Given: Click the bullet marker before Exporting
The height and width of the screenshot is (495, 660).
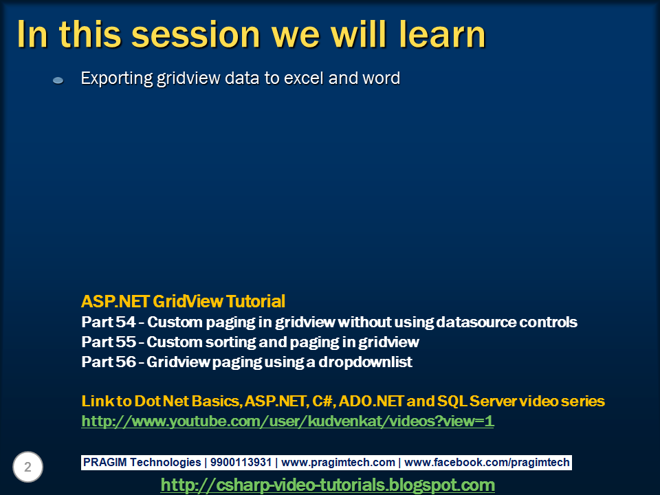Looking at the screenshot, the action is pos(58,80).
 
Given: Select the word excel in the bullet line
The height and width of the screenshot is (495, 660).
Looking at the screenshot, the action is pos(302,78).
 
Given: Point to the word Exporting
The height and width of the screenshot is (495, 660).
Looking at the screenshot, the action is pos(116,78).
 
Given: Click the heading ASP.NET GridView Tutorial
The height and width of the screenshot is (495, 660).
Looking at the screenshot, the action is pos(183,301).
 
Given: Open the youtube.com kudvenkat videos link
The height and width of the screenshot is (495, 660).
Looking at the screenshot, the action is pos(287,421).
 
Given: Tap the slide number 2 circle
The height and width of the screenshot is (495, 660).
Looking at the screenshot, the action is pos(27,467).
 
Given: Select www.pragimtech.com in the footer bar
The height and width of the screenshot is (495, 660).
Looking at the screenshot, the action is pos(338,463).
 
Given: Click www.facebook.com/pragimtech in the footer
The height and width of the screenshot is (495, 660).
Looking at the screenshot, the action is pos(487,463).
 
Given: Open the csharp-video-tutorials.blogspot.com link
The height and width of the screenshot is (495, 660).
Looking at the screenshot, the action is pos(327,485).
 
